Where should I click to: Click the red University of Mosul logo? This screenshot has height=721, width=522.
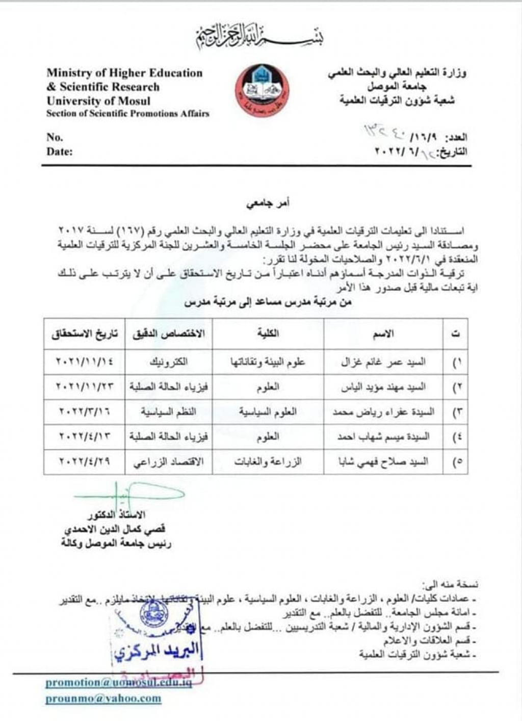pyautogui.click(x=262, y=90)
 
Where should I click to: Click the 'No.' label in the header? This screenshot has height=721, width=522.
pyautogui.click(x=55, y=137)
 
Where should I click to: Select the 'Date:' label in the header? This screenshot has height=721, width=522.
pyautogui.click(x=60, y=151)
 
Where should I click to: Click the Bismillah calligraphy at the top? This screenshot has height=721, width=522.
pyautogui.click(x=260, y=37)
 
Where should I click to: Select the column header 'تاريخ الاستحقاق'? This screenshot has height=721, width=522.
pyautogui.click(x=84, y=334)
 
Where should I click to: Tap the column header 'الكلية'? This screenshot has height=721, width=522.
pyautogui.click(x=268, y=334)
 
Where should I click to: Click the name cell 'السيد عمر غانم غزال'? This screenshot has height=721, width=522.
pyautogui.click(x=383, y=362)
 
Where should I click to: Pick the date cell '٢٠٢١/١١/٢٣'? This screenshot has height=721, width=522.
pyautogui.click(x=84, y=387)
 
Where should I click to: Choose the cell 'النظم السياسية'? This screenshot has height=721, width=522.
pyautogui.click(x=168, y=412)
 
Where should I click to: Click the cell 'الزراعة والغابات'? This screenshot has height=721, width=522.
pyautogui.click(x=268, y=462)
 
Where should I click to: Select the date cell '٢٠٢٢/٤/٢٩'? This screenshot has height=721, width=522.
pyautogui.click(x=84, y=462)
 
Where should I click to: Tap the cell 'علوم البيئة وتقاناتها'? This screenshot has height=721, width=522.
pyautogui.click(x=268, y=362)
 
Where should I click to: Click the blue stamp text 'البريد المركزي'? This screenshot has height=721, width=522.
pyautogui.click(x=157, y=652)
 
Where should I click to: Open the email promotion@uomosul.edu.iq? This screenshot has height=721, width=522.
pyautogui.click(x=118, y=683)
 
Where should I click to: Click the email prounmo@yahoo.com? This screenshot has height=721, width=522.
pyautogui.click(x=103, y=699)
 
